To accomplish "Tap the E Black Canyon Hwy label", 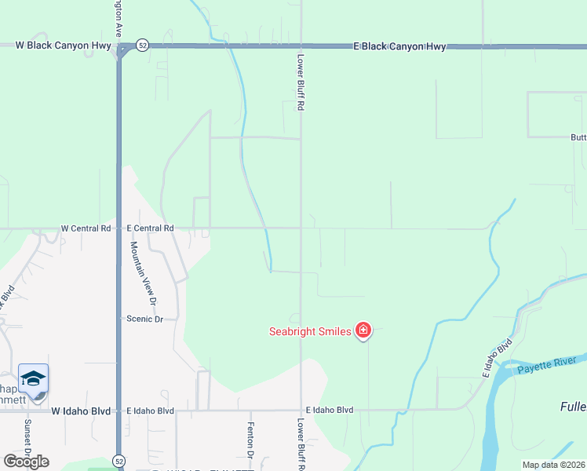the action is coord(400,46).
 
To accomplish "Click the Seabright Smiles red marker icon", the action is coord(363,330).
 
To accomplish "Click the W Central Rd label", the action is coord(86,228).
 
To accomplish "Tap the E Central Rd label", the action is coord(150,228).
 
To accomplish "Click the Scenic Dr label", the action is coord(145,319).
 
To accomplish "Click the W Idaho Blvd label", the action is coord(82,411).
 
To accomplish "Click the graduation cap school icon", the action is coord(34,380).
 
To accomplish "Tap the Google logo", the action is coord(27,462).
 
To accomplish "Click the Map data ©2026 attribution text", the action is coord(553,465).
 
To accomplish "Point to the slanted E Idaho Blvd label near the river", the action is coord(498,358).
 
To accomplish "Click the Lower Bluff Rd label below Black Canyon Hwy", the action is coord(300,82).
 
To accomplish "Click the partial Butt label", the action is coord(578,137).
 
